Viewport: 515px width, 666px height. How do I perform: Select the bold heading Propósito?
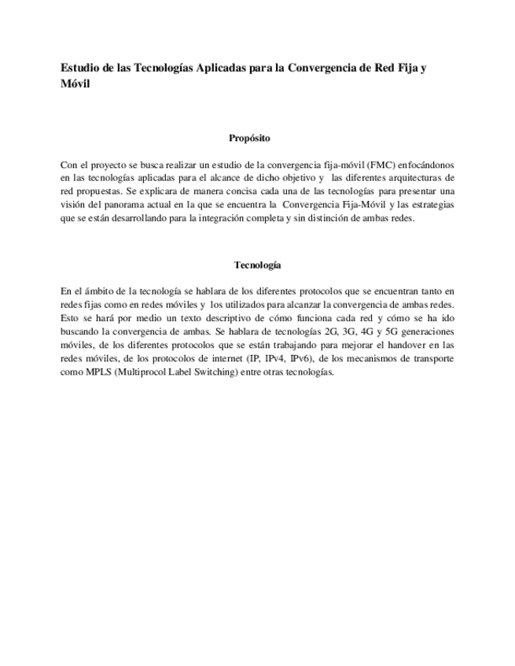(x=249, y=138)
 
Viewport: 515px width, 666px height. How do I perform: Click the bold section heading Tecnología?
(x=257, y=265)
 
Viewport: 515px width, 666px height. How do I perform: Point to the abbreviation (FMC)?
(x=380, y=165)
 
